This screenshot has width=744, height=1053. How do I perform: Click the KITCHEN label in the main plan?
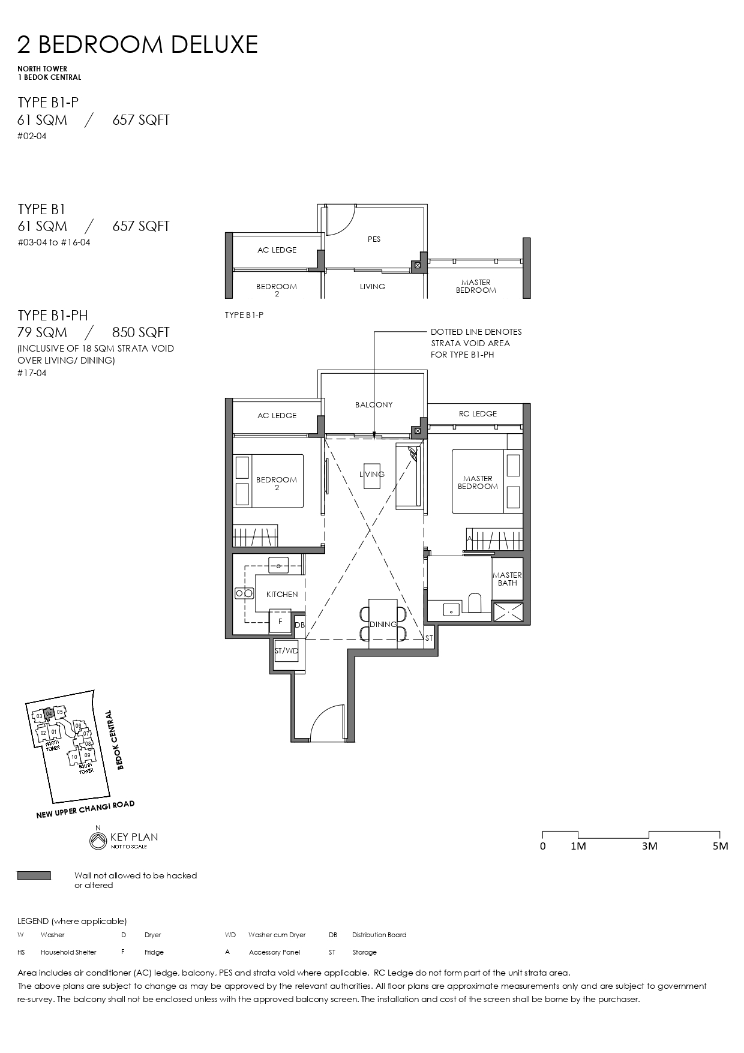point(282,594)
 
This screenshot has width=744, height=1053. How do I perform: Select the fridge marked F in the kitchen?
point(280,622)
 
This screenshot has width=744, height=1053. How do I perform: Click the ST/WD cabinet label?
point(286,650)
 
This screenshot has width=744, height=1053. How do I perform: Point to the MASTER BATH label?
point(507,579)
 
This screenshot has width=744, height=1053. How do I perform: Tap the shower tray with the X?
point(508,612)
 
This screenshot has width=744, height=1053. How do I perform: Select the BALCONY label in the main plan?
point(374,404)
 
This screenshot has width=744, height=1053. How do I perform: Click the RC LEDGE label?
point(478,413)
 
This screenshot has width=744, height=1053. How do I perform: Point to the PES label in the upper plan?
point(374,239)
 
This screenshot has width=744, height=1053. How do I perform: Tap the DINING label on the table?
point(383,624)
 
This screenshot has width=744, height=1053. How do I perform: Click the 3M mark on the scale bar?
point(649,845)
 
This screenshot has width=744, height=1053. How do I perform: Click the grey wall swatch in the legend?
point(34,876)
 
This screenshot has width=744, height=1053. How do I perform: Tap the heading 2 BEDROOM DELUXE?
point(138,45)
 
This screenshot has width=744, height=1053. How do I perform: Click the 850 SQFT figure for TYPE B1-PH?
point(140,332)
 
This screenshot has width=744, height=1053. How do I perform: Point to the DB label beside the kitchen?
point(299,625)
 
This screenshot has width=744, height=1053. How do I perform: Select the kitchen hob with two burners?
point(244,593)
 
